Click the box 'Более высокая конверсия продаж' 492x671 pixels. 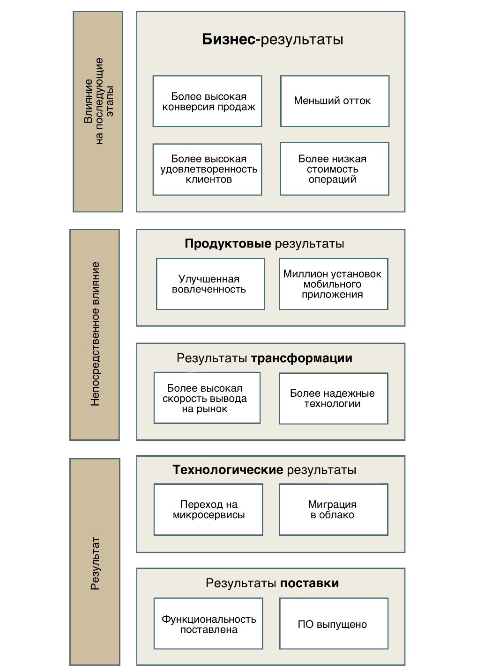point(207,102)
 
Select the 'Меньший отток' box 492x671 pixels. point(335,101)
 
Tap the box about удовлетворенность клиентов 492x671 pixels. point(207,169)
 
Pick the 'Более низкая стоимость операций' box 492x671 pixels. point(335,169)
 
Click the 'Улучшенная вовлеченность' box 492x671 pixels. point(210,284)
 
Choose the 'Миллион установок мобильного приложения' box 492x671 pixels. point(333,284)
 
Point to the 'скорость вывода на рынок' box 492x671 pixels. point(207,398)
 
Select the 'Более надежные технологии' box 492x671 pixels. point(333,399)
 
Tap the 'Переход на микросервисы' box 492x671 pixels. point(208,510)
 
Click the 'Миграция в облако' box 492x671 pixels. point(333,510)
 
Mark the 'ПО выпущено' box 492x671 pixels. point(333,624)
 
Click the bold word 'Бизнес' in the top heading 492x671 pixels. point(229,39)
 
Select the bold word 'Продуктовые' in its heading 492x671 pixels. point(228,244)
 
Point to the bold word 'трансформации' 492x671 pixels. point(301,358)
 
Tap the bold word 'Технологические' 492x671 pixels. point(228,470)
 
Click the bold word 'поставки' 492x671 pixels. point(309,583)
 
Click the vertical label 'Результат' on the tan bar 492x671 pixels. point(95,563)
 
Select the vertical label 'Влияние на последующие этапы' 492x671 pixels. point(98,101)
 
